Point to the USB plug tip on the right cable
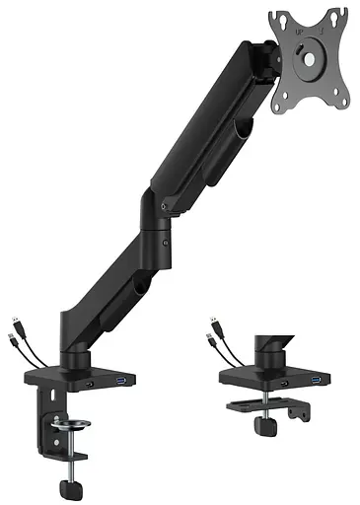click(211, 323)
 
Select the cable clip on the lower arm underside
click(141, 286)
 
